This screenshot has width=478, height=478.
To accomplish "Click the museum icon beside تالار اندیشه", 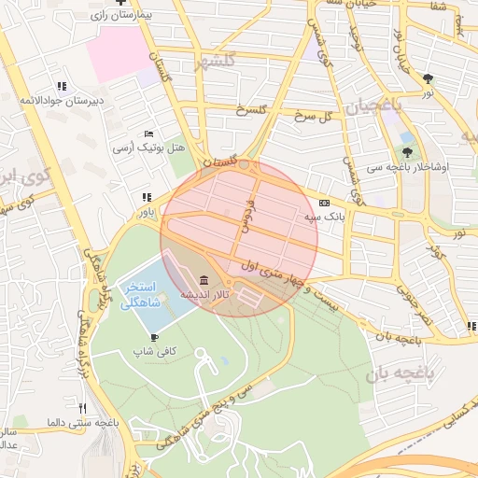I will [204, 280].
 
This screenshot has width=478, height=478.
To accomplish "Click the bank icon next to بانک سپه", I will [324, 203].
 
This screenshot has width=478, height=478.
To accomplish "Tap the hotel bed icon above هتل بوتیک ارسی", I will [149, 134].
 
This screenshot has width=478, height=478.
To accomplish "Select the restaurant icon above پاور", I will [146, 197].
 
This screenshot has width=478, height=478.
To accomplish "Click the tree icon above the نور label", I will [428, 78].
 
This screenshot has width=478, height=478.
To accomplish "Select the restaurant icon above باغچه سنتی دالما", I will [82, 408].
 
